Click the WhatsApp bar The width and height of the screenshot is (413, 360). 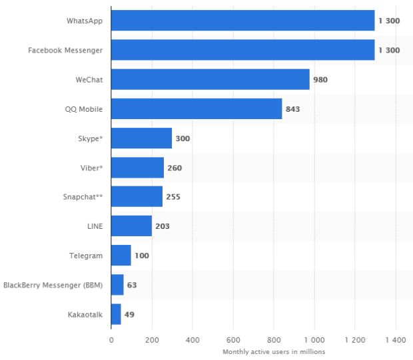tap(242, 21)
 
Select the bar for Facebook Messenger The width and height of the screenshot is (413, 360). tap(242, 50)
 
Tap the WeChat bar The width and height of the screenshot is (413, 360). tap(210, 79)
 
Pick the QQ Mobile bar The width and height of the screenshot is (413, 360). tap(197, 108)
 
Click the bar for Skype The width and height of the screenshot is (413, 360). tap(141, 138)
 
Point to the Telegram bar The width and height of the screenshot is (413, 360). tap(121, 256)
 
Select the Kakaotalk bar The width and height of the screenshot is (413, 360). tap(116, 314)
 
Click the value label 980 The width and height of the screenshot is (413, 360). tap(320, 79)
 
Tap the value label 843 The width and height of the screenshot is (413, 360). tap(292, 108)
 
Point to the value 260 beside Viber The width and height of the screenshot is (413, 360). tap(175, 168)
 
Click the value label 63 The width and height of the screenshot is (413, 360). tap(132, 285)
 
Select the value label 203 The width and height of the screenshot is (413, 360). tap(162, 226)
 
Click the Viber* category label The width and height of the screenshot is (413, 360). tap(90, 168)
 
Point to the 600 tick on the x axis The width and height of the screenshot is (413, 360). tap(233, 340)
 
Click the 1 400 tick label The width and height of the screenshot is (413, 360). tap(395, 340)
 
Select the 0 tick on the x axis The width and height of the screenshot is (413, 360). tap(111, 340)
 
